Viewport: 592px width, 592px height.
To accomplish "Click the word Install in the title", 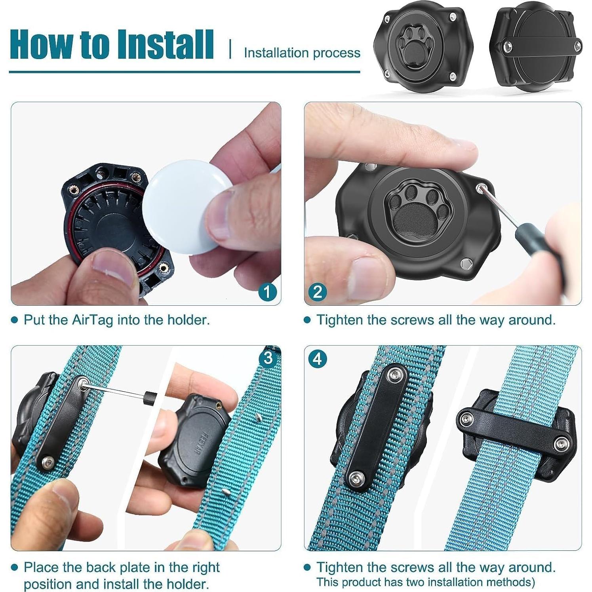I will [x=165, y=44].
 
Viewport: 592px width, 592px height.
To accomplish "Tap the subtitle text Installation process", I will [x=302, y=53].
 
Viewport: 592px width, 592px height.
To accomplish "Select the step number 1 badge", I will [x=267, y=292].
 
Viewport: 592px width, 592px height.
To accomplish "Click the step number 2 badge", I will [x=317, y=292].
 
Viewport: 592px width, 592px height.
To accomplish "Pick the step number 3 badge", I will [x=268, y=358].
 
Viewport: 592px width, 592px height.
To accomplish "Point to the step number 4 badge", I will [x=317, y=359].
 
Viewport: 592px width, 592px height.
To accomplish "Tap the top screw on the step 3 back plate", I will [x=83, y=383].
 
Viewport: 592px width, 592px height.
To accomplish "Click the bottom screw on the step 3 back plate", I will [x=48, y=461].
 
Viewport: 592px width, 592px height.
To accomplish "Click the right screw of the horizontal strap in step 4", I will [x=562, y=444].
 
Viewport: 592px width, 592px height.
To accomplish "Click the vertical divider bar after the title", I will [x=230, y=49].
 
